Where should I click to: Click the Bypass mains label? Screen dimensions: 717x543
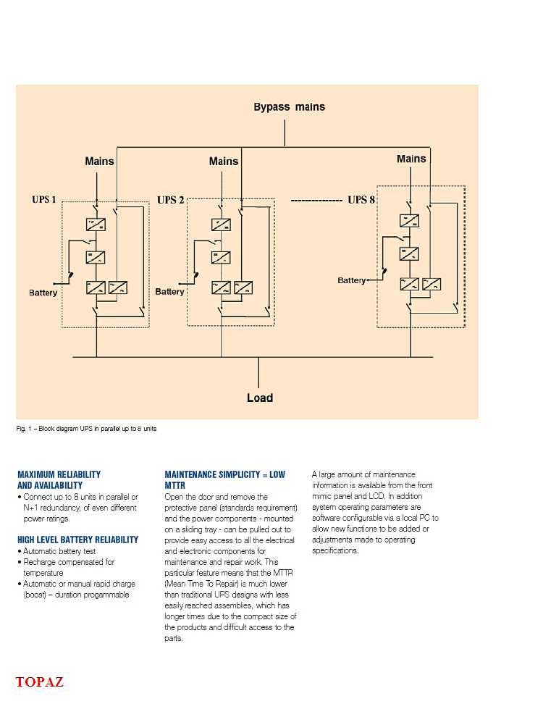tap(289, 107)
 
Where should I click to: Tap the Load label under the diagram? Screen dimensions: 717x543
tap(260, 398)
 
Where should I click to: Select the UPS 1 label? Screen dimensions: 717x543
tap(44, 200)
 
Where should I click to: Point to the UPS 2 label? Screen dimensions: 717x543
tap(171, 200)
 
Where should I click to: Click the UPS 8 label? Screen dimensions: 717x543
tap(361, 200)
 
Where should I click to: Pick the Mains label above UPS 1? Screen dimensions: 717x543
tap(99, 161)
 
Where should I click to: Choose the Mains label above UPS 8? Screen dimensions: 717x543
tap(411, 159)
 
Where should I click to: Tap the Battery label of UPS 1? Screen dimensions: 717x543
tap(43, 293)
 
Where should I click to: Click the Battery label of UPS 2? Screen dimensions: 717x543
tap(169, 292)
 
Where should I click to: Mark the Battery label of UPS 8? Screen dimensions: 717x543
tap(352, 280)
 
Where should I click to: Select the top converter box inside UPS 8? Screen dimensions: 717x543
tap(409, 221)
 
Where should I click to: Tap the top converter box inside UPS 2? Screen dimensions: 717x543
tap(222, 225)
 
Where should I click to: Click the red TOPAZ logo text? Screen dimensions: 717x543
tap(40, 682)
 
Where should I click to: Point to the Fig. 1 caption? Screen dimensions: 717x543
tap(86, 429)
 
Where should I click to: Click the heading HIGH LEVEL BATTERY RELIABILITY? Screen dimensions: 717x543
tap(77, 540)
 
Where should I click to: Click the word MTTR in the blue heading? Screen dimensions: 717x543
tap(174, 485)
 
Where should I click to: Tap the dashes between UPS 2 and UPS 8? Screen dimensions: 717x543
tap(316, 200)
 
